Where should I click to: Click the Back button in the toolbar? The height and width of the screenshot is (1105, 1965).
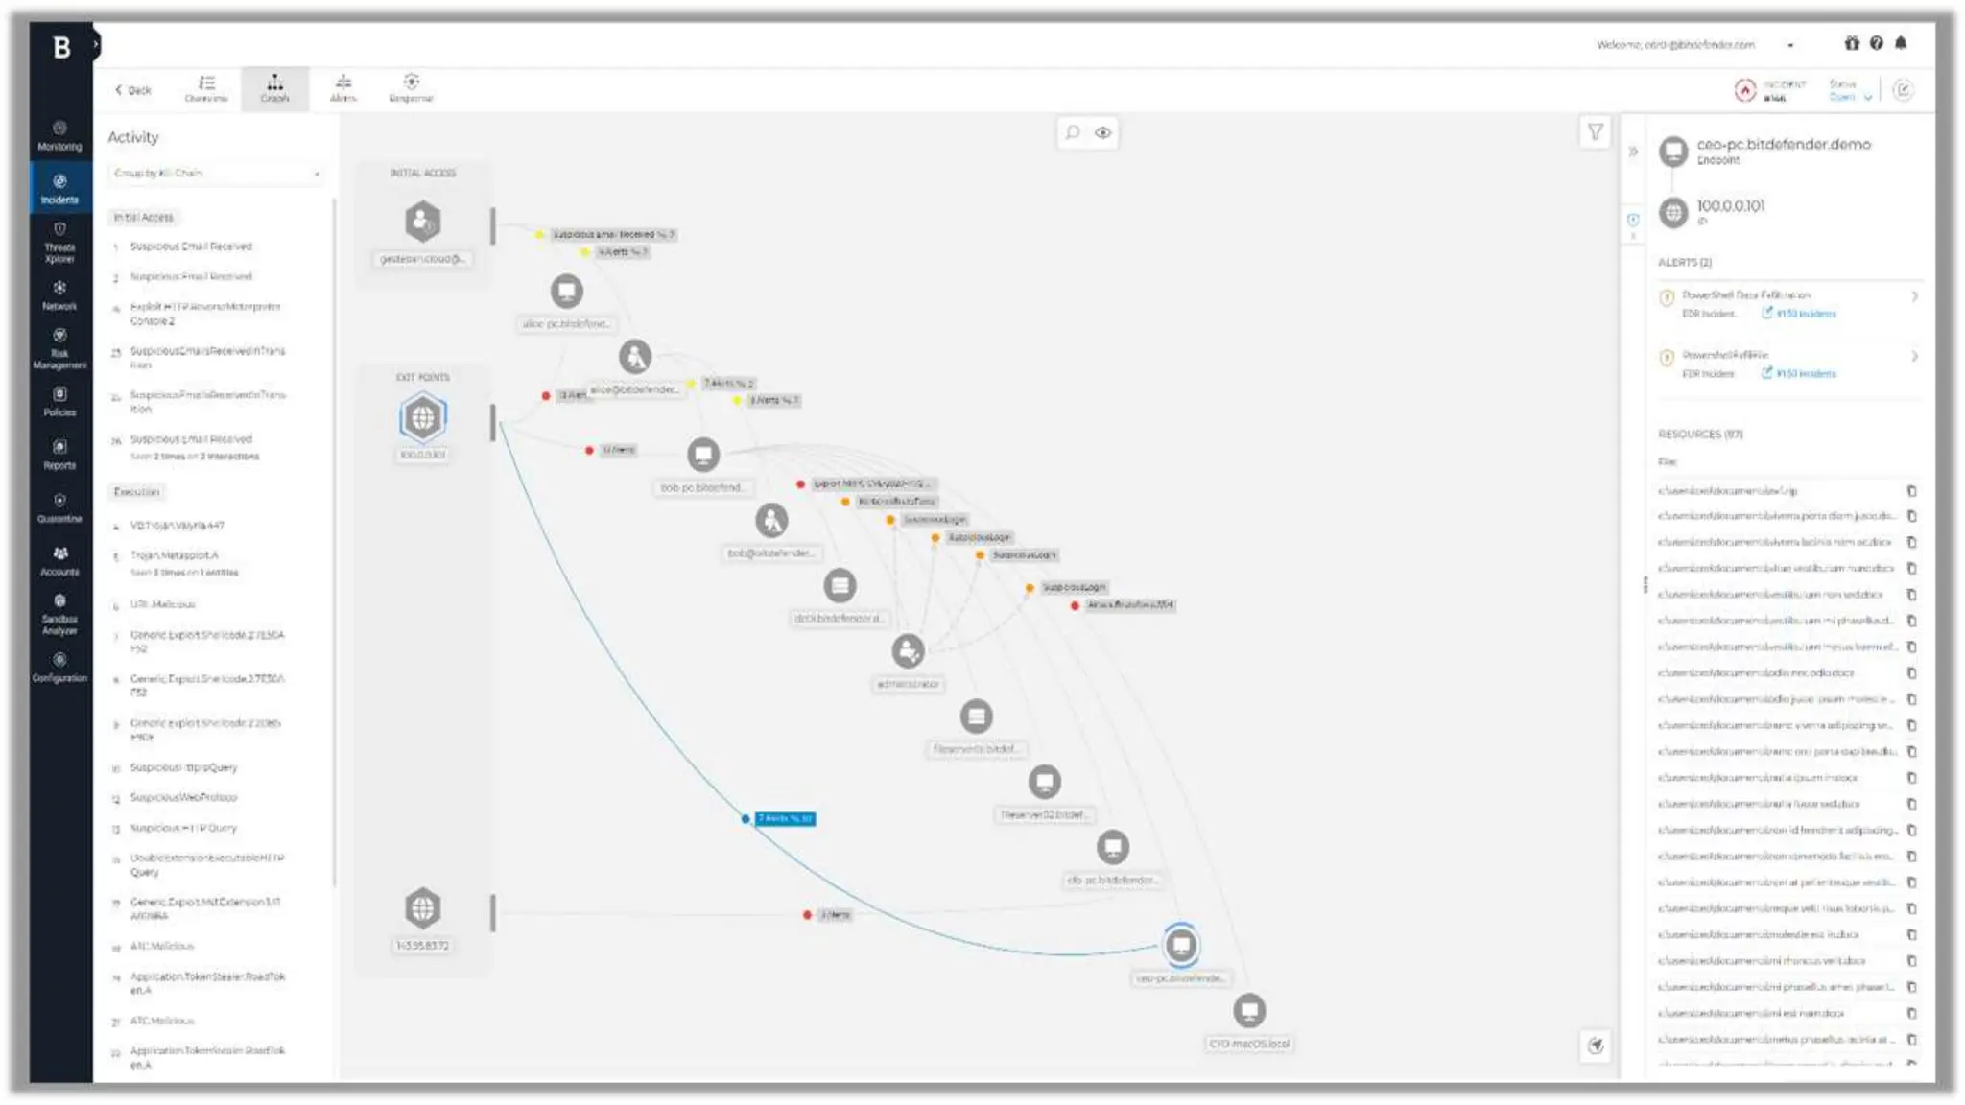[132, 90]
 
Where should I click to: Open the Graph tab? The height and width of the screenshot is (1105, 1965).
[274, 88]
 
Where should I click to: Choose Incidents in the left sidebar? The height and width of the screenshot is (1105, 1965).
[59, 188]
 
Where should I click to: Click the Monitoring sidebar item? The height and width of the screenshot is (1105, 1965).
[59, 135]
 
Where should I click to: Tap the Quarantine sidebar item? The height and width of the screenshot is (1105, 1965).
[59, 507]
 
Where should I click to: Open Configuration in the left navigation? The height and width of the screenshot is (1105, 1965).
[59, 667]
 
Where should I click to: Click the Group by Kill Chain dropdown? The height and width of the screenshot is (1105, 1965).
[215, 174]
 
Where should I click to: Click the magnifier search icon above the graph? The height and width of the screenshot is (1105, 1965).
[1073, 132]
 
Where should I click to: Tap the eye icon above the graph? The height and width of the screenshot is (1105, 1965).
[1103, 132]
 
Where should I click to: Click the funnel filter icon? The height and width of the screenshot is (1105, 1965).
[1595, 132]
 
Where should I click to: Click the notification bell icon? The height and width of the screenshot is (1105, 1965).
[1901, 43]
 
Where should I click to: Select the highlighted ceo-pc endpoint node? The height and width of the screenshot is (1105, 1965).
[1181, 945]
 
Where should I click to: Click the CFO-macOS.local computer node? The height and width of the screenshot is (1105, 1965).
[1249, 1010]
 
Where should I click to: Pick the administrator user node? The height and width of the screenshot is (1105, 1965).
[908, 651]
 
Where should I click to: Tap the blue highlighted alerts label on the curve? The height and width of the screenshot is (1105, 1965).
[785, 818]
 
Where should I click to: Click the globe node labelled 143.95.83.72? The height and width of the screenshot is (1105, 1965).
[422, 907]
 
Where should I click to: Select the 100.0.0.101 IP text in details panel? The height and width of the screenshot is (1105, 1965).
[1730, 205]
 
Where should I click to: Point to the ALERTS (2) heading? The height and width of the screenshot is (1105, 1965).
[1684, 262]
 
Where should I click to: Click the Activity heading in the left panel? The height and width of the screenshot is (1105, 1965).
[133, 137]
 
